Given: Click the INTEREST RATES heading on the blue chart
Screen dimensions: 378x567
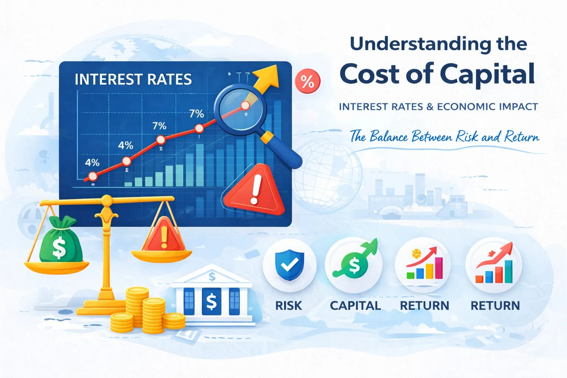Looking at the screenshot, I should click(133, 79).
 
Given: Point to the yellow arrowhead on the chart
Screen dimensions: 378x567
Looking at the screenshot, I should click(269, 74).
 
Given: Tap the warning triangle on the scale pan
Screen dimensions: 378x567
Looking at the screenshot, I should click(164, 236).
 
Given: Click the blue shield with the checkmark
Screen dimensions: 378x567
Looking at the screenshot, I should click(290, 264).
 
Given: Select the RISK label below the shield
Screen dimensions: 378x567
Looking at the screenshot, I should click(289, 306).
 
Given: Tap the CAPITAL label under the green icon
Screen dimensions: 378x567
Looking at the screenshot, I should click(355, 306).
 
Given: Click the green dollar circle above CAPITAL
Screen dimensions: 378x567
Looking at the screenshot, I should click(354, 265).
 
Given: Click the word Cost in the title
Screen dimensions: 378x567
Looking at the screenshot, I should click(370, 74).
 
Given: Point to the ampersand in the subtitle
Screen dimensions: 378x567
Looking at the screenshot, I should click(430, 107).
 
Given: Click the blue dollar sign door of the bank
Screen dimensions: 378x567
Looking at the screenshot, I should click(212, 302).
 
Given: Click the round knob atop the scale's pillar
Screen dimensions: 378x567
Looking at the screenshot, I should click(107, 200).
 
